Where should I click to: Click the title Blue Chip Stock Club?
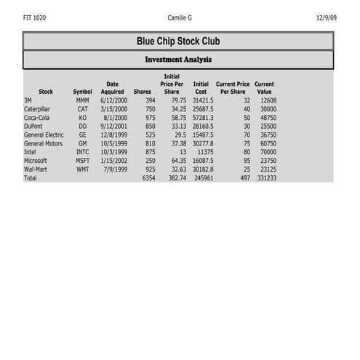pos(178,41)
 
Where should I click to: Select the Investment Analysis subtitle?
pos(178,60)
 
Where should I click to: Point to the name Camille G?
pos(180,17)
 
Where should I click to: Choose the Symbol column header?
pos(82,92)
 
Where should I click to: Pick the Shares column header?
pos(143,92)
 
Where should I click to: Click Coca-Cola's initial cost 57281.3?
pos(203,117)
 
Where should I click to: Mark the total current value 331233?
pos(265,178)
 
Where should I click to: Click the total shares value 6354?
pos(148,178)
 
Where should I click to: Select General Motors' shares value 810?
pos(150,143)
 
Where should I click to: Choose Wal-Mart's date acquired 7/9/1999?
pos(115,169)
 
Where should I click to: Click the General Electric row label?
pos(44,135)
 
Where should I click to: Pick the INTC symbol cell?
pos(82,152)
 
